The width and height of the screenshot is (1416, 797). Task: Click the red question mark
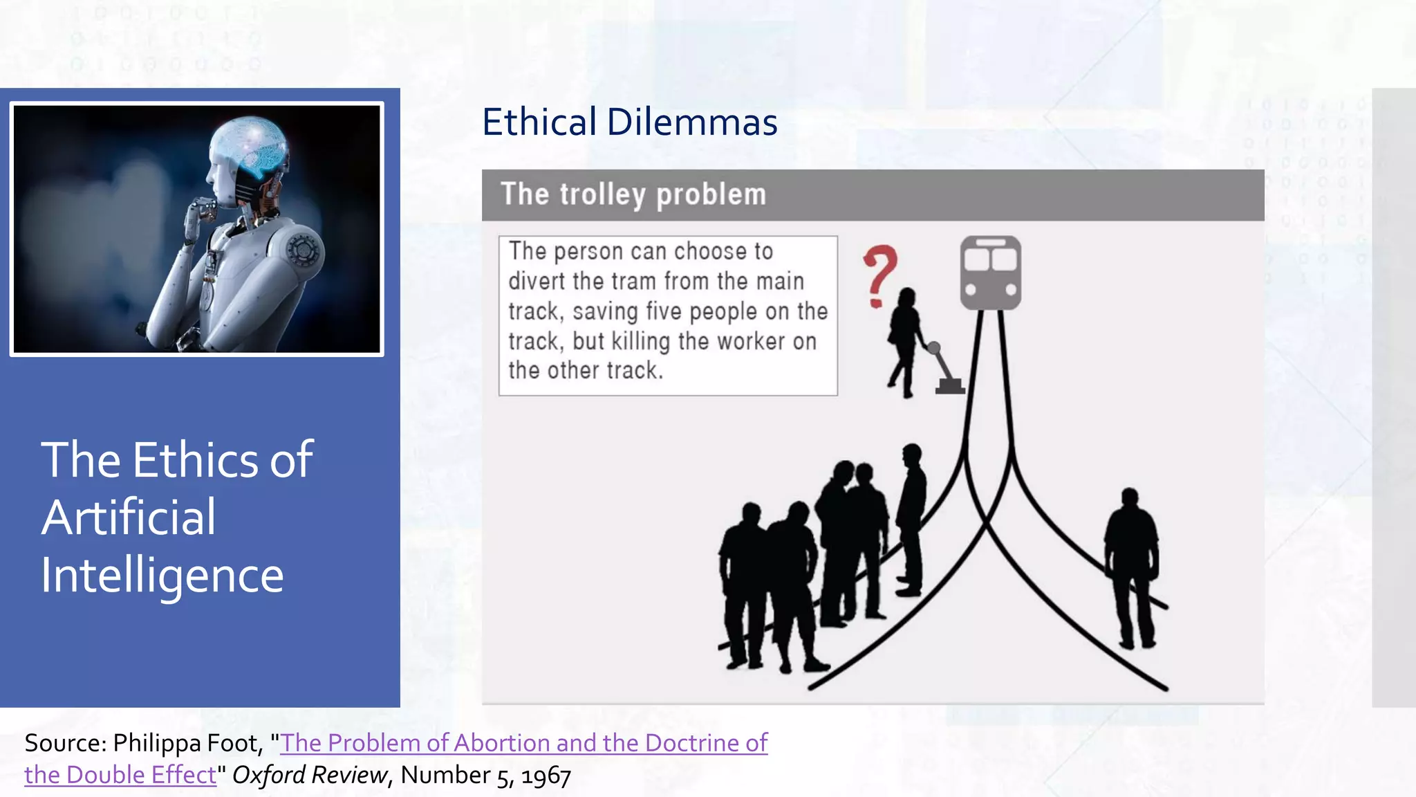pyautogui.click(x=879, y=275)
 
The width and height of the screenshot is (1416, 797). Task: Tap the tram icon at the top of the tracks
pyautogui.click(x=990, y=273)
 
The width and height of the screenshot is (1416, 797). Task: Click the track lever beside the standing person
pyautogui.click(x=944, y=369)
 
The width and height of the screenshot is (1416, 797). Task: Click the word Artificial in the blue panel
pyautogui.click(x=129, y=517)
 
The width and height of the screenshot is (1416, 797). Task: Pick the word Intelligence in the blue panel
pyautogui.click(x=162, y=576)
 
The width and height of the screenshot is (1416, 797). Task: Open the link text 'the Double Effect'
pyautogui.click(x=120, y=776)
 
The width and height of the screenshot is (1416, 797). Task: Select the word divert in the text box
pyautogui.click(x=537, y=282)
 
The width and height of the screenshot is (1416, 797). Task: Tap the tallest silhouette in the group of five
pyautogui.click(x=911, y=519)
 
